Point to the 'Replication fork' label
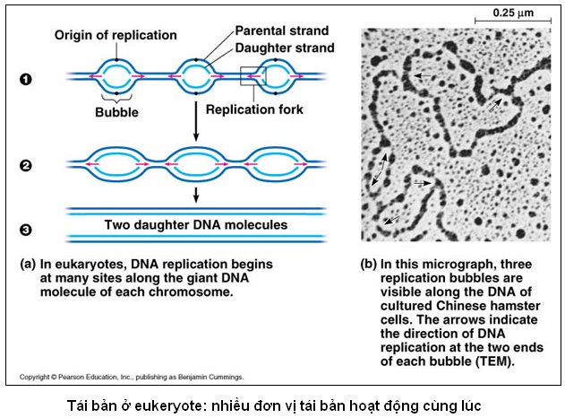[256, 111]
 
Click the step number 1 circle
[26, 78]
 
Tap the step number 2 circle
[26, 165]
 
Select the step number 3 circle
[26, 230]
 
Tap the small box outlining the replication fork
[253, 77]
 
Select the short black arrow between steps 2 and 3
[195, 194]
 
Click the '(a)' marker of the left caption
[29, 266]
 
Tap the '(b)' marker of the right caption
[368, 266]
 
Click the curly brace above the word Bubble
[116, 97]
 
